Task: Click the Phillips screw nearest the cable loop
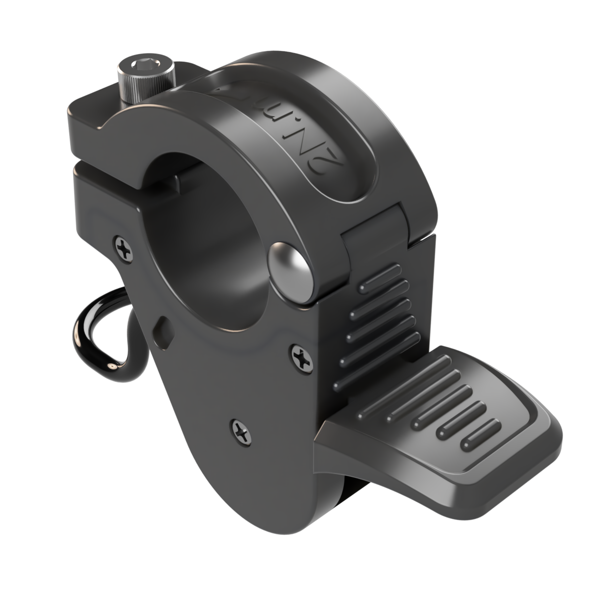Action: coord(124,248)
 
